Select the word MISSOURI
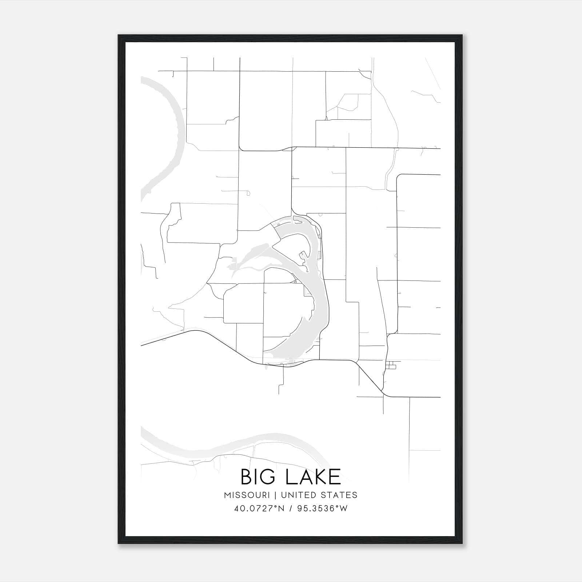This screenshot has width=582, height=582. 247,495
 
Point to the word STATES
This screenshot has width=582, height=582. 339,495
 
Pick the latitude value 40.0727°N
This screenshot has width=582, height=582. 259,509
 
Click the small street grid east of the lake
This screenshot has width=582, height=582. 391,365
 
